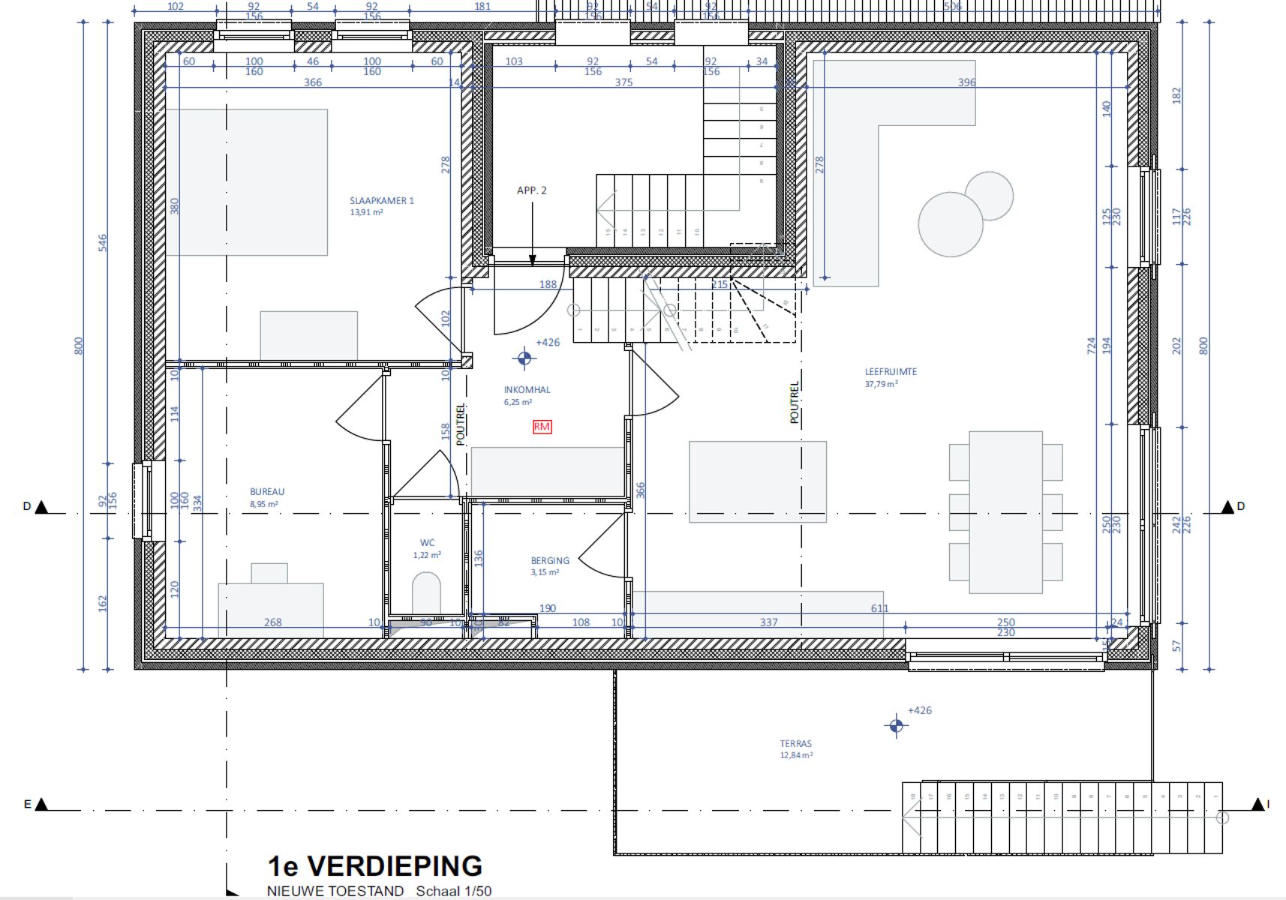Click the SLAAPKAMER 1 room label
pos(381,201)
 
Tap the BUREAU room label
pos(267,492)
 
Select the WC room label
pos(427,543)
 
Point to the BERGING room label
pos(550,561)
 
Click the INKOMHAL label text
pos(527,390)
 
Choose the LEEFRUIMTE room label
pos(891,372)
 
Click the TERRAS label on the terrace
pos(795,744)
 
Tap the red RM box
pos(542,427)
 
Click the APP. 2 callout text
pos(531,190)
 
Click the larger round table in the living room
pos(950,224)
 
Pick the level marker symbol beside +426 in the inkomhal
pos(524,358)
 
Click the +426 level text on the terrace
pos(920,710)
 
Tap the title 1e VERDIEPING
pos(374,866)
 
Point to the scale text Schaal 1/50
pos(454,891)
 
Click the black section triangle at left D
pos(42,508)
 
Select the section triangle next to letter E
pos(42,805)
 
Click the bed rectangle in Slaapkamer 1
pos(247,182)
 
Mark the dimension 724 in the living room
pos(1091,345)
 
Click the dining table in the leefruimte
pos(1005,512)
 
